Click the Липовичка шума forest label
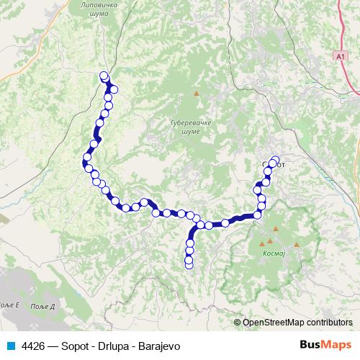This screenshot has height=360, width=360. (95, 8)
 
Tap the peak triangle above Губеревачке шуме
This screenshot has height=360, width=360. (195, 93)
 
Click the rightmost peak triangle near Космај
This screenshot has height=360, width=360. (296, 246)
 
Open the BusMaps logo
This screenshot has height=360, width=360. (325, 345)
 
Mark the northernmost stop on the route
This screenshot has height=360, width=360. (104, 76)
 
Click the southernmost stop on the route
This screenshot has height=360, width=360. (189, 265)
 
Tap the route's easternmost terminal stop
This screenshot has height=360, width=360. (274, 160)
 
